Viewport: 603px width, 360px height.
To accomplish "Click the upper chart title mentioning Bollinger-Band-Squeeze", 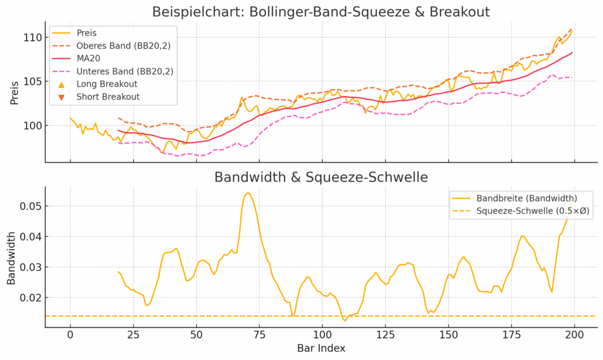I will (321, 12).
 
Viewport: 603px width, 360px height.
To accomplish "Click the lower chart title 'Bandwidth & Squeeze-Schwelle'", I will (321, 177).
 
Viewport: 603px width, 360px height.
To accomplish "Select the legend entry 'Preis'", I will (87, 33).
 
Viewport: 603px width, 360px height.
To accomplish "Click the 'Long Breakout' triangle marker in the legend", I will (61, 84).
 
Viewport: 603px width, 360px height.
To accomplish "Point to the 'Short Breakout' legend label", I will (108, 97).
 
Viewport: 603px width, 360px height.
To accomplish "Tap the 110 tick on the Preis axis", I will (32, 38).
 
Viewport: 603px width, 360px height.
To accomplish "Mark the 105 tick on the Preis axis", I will (32, 81).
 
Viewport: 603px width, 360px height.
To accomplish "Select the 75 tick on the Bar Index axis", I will (259, 335).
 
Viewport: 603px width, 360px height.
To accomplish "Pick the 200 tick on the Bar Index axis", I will (574, 335).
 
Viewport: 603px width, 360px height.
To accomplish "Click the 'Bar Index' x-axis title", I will (321, 348).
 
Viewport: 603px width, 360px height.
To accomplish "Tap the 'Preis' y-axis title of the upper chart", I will (14, 93).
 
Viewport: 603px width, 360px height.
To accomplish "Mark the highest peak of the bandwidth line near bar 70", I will (248, 193).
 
